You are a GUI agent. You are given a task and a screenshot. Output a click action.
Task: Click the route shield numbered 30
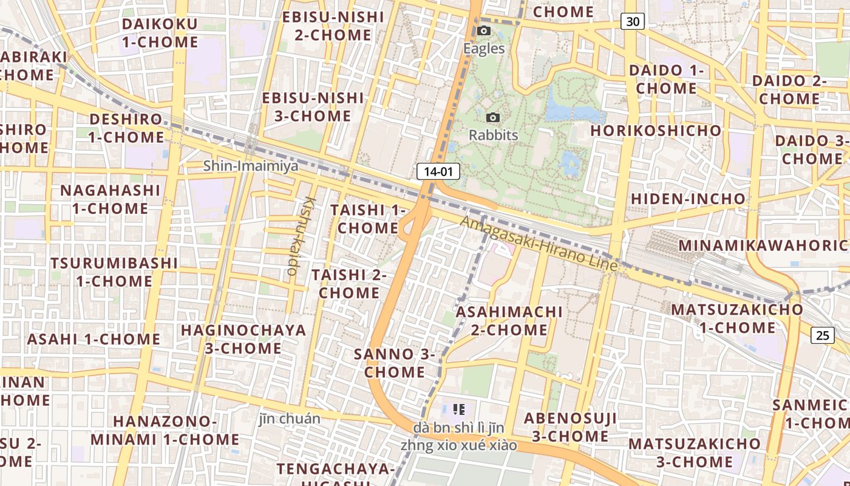[632, 22]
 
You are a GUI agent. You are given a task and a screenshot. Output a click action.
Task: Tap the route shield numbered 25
[823, 335]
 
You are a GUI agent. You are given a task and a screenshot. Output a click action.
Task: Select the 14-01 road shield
[438, 171]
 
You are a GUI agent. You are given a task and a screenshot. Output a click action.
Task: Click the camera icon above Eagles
[484, 31]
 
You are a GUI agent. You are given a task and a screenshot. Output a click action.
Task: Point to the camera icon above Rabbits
[493, 117]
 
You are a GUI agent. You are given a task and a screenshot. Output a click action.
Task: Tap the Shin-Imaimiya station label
[250, 165]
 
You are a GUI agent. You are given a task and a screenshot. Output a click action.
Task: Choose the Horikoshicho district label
[656, 131]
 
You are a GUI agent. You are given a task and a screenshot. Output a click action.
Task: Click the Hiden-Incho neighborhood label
[688, 199]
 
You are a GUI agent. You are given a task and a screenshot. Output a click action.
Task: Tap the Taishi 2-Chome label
[349, 284]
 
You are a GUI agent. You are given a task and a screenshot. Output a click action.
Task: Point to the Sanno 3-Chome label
[395, 363]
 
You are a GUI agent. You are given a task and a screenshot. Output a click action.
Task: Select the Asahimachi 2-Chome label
[509, 321]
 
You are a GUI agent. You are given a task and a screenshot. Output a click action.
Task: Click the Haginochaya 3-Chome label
[243, 339]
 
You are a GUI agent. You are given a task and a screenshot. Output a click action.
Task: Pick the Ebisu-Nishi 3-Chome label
[313, 107]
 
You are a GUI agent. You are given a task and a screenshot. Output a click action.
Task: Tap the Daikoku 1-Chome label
[160, 33]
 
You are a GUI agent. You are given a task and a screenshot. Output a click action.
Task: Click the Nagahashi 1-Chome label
[110, 199]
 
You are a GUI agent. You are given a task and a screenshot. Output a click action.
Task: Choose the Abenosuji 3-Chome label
[570, 427]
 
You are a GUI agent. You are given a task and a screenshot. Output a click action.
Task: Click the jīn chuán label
[289, 419]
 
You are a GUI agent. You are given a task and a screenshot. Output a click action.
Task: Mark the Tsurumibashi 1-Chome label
[114, 272]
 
